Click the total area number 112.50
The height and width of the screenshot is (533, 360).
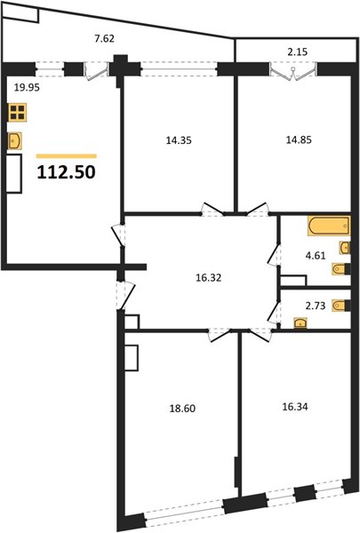coord(66,172)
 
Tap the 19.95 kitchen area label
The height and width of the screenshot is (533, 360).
coord(27,88)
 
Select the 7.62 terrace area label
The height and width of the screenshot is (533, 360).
coord(104,39)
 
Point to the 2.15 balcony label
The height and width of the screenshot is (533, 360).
coord(298,52)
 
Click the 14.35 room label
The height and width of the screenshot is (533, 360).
coord(179,140)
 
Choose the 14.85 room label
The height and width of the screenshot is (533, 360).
coord(299,139)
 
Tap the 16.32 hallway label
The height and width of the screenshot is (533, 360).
coord(209,278)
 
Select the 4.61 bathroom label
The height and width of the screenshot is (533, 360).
coord(316,256)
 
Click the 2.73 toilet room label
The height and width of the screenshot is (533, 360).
coord(316,306)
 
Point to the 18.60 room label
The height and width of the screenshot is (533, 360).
coord(182,409)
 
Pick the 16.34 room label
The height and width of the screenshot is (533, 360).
coord(295,407)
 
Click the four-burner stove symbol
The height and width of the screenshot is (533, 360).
coord(18,112)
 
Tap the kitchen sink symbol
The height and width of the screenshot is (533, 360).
coord(15,140)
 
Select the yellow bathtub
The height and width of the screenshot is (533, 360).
coord(329,226)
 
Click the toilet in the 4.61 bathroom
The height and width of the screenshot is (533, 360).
coord(341,269)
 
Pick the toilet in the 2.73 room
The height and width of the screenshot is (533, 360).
coord(341,306)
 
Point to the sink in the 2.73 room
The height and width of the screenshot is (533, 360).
coord(300,322)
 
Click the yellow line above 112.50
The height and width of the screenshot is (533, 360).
coord(67,156)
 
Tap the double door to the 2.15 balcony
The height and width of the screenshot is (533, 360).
coord(293,72)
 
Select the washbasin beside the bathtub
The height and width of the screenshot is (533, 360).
coord(345,248)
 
